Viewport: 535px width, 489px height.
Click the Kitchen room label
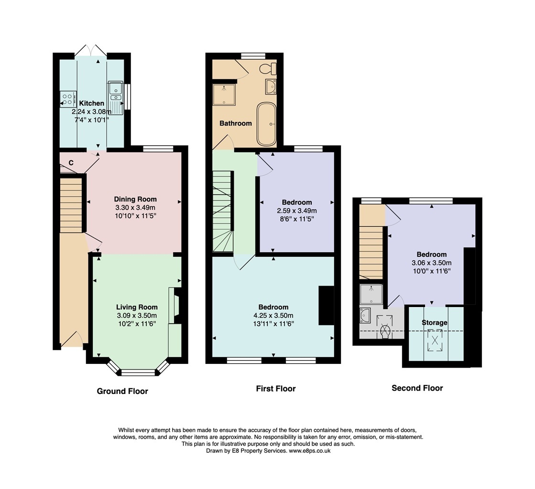(91, 103)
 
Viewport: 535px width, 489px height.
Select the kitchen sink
(116, 98)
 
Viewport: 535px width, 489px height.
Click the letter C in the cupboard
(71, 163)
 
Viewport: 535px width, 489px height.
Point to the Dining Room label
(135, 199)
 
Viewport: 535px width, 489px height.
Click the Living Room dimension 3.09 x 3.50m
(136, 316)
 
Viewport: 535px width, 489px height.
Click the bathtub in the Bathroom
(266, 124)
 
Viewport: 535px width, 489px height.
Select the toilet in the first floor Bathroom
(268, 68)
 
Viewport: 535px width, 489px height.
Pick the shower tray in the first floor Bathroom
(224, 95)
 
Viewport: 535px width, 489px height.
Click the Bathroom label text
(235, 123)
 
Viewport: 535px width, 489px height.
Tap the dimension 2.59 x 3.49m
(297, 211)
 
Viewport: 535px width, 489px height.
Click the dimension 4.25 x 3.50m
(273, 316)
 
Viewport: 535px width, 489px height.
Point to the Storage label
(434, 323)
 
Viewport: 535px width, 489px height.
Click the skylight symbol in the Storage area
(435, 340)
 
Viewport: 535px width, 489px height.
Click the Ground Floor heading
(122, 391)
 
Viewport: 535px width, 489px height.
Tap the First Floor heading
(276, 388)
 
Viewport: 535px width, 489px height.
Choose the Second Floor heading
(417, 388)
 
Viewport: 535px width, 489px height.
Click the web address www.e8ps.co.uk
(310, 451)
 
